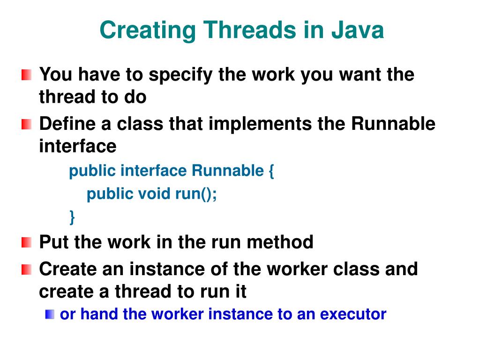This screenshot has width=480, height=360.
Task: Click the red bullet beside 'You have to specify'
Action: click(x=27, y=75)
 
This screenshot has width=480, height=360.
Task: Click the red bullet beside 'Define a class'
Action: click(x=27, y=125)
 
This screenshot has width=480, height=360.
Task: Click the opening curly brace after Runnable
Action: click(x=271, y=172)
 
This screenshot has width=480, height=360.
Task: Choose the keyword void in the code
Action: click(x=154, y=194)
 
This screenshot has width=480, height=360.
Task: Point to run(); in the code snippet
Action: click(x=196, y=194)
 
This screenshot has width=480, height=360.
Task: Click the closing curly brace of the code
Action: click(x=72, y=217)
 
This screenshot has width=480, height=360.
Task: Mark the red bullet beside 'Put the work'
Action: click(x=27, y=243)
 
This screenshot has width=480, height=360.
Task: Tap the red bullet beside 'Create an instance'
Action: click(x=27, y=270)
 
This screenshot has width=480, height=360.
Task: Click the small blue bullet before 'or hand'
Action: click(x=50, y=315)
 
